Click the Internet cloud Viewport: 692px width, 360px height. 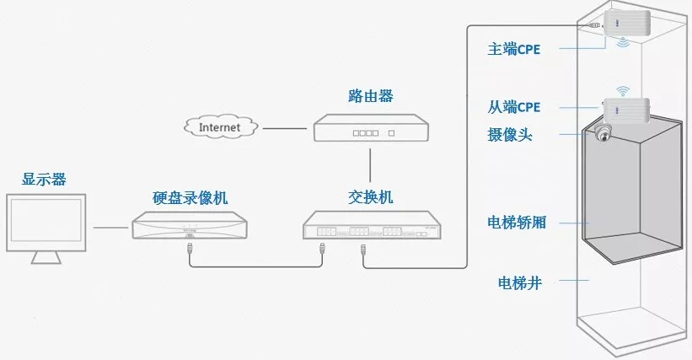pyautogui.click(x=221, y=127)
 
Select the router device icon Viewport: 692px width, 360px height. pyautogui.click(x=371, y=128)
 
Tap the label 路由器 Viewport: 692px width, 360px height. pyautogui.click(x=371, y=96)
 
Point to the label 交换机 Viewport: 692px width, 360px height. pyautogui.click(x=371, y=197)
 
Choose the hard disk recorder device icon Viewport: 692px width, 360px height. pyautogui.click(x=190, y=225)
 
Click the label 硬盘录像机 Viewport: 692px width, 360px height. pyautogui.click(x=190, y=197)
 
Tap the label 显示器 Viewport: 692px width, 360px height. pyautogui.click(x=44, y=179)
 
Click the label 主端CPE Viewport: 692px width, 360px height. pyautogui.click(x=513, y=49)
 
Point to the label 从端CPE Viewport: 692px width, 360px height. pyautogui.click(x=513, y=107)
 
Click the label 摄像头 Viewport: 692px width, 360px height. pyautogui.click(x=510, y=135)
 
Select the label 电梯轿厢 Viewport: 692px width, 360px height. pyautogui.click(x=517, y=222)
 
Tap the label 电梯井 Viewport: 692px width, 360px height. pyautogui.click(x=520, y=282)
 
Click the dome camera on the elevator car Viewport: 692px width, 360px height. pyautogui.click(x=603, y=133)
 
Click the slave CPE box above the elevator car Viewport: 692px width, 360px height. pyautogui.click(x=626, y=110)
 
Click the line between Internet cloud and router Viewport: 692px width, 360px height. pyautogui.click(x=285, y=128)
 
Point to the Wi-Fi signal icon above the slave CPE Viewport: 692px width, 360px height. pyautogui.click(x=623, y=91)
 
